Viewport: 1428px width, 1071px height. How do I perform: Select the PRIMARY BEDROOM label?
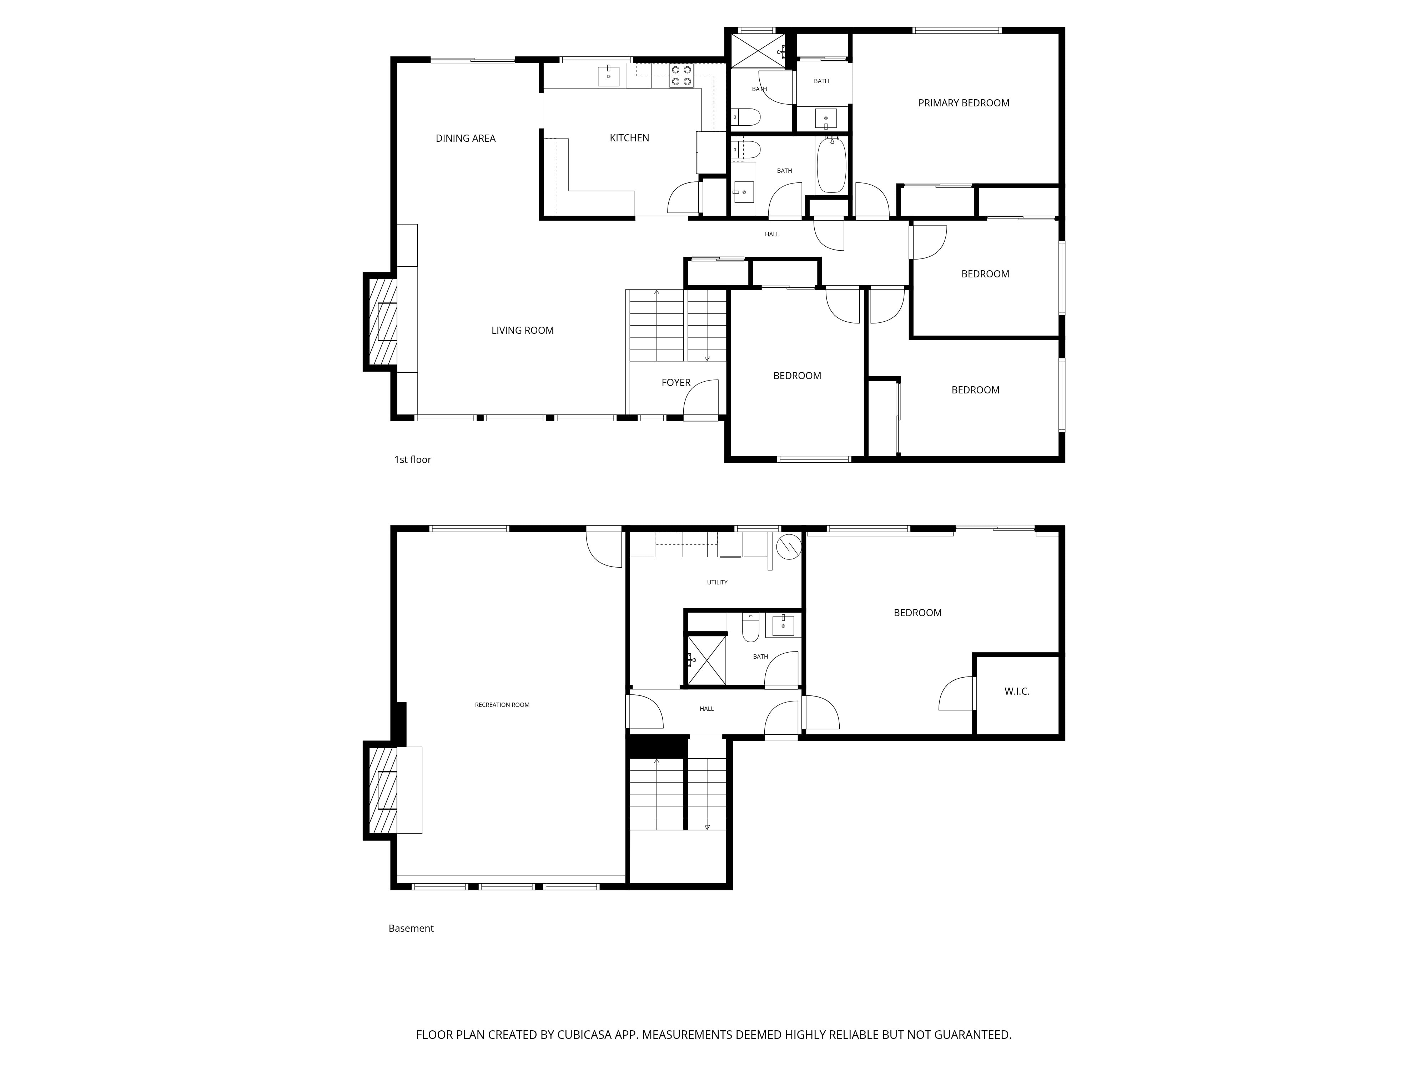[x=963, y=103]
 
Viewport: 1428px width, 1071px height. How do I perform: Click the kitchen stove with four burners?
[x=681, y=76]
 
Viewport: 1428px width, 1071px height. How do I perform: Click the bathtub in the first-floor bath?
[x=831, y=165]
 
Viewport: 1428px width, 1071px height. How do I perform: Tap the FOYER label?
[x=675, y=383]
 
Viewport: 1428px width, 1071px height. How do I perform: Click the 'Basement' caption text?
[x=411, y=928]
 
